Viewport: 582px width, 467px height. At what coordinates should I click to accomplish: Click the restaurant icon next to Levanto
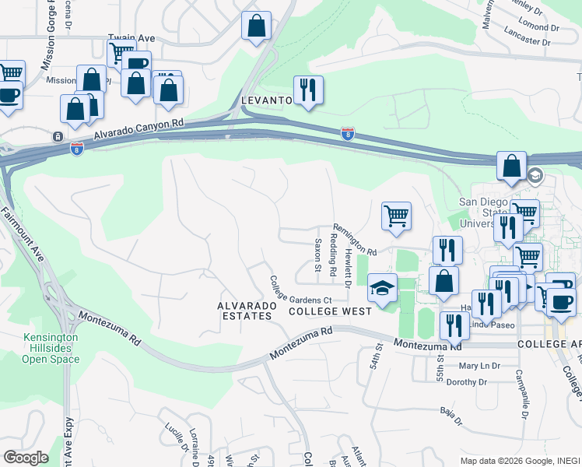309,90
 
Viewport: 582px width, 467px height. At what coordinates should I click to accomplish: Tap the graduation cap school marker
382,288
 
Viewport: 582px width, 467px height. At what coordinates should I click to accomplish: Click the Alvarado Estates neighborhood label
247,311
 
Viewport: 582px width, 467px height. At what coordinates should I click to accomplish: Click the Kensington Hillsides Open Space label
50,349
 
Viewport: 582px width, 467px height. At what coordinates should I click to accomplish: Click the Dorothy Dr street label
466,382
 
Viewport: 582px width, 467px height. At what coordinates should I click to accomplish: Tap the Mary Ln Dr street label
479,366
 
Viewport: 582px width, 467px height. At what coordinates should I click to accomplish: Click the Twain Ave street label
127,37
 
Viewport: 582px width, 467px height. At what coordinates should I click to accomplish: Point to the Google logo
25,458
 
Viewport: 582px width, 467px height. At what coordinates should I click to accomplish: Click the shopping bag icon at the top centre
256,26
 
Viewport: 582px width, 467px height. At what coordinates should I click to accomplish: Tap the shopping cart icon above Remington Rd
396,216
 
